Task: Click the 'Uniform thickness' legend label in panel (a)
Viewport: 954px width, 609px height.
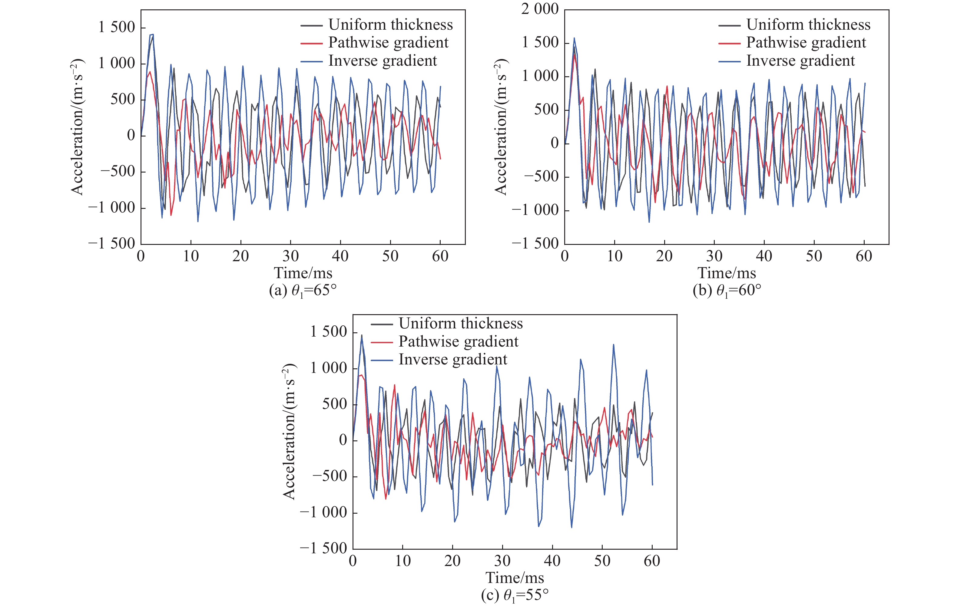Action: coord(390,25)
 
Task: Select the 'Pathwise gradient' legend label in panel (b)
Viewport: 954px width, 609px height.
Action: coord(806,43)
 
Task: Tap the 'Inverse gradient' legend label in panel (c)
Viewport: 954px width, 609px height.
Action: coord(452,360)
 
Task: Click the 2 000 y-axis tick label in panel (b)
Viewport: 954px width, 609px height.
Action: coord(540,9)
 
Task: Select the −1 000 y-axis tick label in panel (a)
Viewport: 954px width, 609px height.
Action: coord(111,208)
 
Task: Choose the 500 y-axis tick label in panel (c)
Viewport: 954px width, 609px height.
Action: coord(334,404)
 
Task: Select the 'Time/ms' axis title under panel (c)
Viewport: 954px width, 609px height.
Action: coord(515,578)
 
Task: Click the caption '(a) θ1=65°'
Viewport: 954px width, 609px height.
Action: coord(303,291)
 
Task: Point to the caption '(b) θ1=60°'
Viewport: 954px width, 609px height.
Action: coord(727,291)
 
